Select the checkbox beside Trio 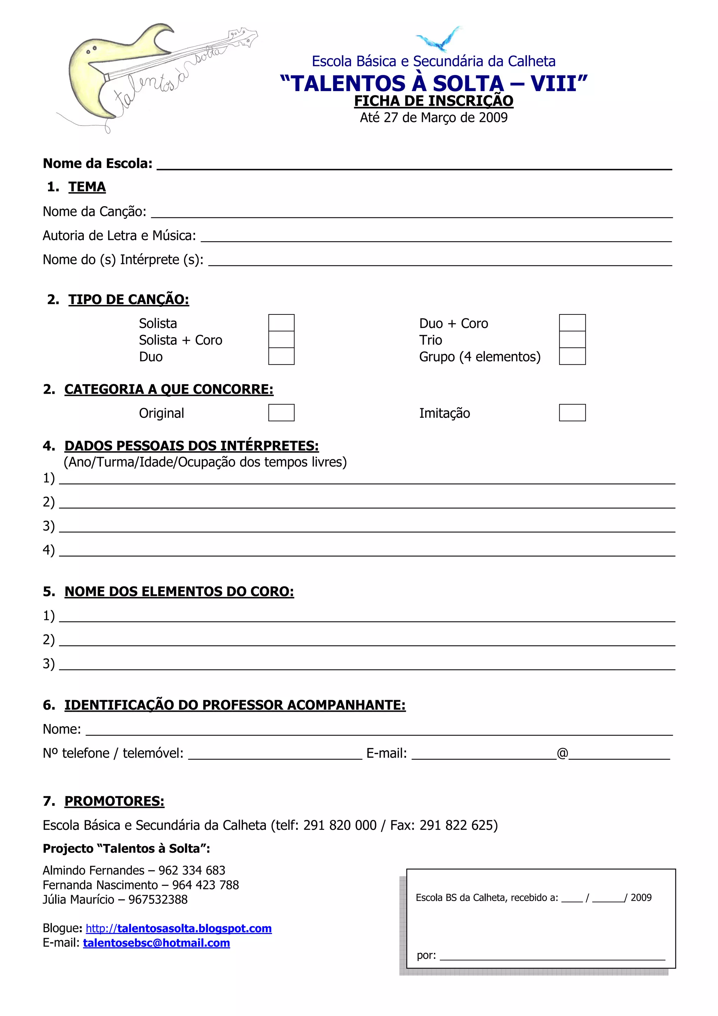(x=572, y=339)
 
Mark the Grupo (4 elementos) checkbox (x=572, y=356)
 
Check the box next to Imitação (x=572, y=412)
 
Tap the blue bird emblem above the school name (x=439, y=39)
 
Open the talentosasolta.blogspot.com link (x=179, y=928)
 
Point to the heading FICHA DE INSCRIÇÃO (x=434, y=101)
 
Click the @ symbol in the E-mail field (x=562, y=753)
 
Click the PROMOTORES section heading (x=114, y=801)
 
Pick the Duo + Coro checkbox (x=572, y=323)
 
